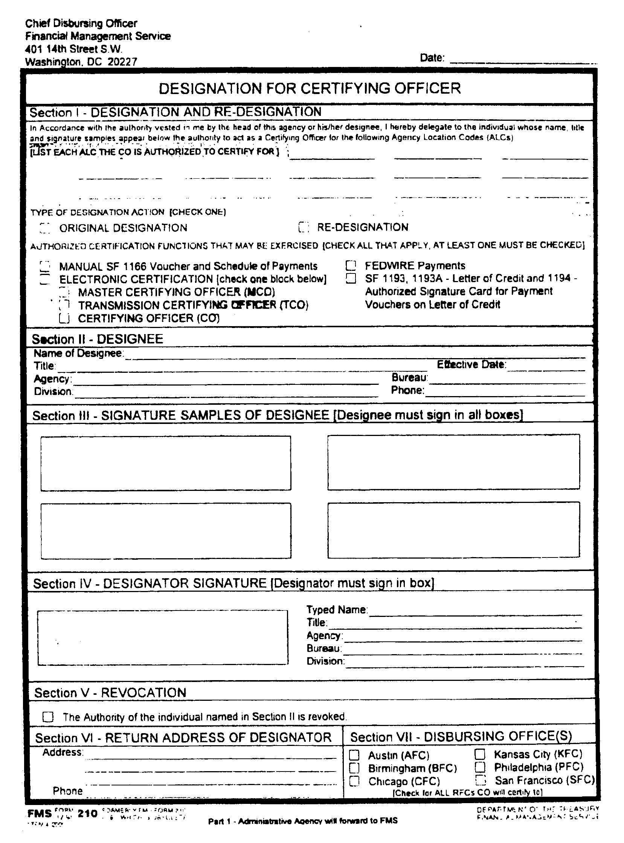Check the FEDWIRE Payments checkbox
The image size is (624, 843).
coord(351,266)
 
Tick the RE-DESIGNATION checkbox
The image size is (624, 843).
coord(304,227)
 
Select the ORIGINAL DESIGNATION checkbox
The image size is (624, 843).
coord(45,228)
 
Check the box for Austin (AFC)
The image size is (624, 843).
coord(354,755)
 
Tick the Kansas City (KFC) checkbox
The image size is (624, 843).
coord(480,754)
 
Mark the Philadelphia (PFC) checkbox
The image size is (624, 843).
coord(480,767)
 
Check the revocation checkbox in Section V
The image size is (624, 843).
coord(48,717)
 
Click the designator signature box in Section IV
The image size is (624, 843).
coord(163,637)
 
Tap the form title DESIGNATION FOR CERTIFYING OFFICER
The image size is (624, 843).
coord(309,88)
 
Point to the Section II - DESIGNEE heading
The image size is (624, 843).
coord(98,339)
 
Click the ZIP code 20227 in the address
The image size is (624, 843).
coord(122,62)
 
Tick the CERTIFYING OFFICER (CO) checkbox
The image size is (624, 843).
coord(64,318)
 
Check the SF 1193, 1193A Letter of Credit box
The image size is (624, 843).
coord(351,279)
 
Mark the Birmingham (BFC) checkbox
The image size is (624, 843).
coord(354,768)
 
